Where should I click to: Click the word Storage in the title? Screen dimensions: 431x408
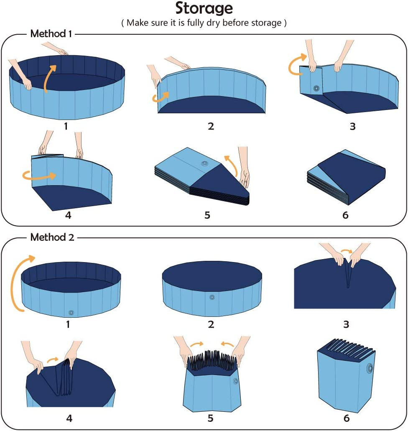click(x=204, y=8)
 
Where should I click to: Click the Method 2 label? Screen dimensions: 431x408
click(x=52, y=237)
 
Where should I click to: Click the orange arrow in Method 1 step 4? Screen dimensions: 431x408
click(x=39, y=176)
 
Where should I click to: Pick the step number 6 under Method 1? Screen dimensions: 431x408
click(x=345, y=215)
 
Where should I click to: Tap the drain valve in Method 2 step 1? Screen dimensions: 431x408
click(x=71, y=312)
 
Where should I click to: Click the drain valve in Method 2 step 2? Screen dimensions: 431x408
click(x=211, y=297)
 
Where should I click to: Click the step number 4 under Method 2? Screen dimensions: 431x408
click(x=69, y=418)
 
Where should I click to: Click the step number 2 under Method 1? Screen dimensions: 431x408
click(x=211, y=126)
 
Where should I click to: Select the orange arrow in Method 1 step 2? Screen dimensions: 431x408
click(x=160, y=97)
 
